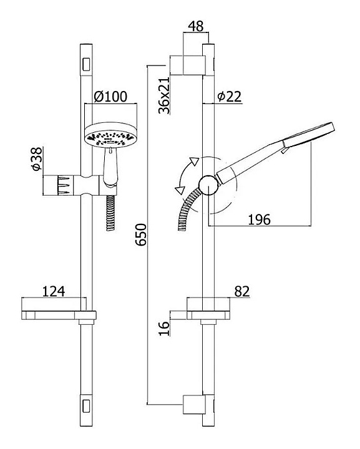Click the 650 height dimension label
[141, 234]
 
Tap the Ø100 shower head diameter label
[110, 97]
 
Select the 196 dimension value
[259, 220]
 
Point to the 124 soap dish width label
[54, 291]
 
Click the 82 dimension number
[242, 291]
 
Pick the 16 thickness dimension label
[164, 328]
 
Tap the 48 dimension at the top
[196, 26]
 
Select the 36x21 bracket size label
[164, 95]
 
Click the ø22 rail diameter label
[230, 97]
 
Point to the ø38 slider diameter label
[37, 159]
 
